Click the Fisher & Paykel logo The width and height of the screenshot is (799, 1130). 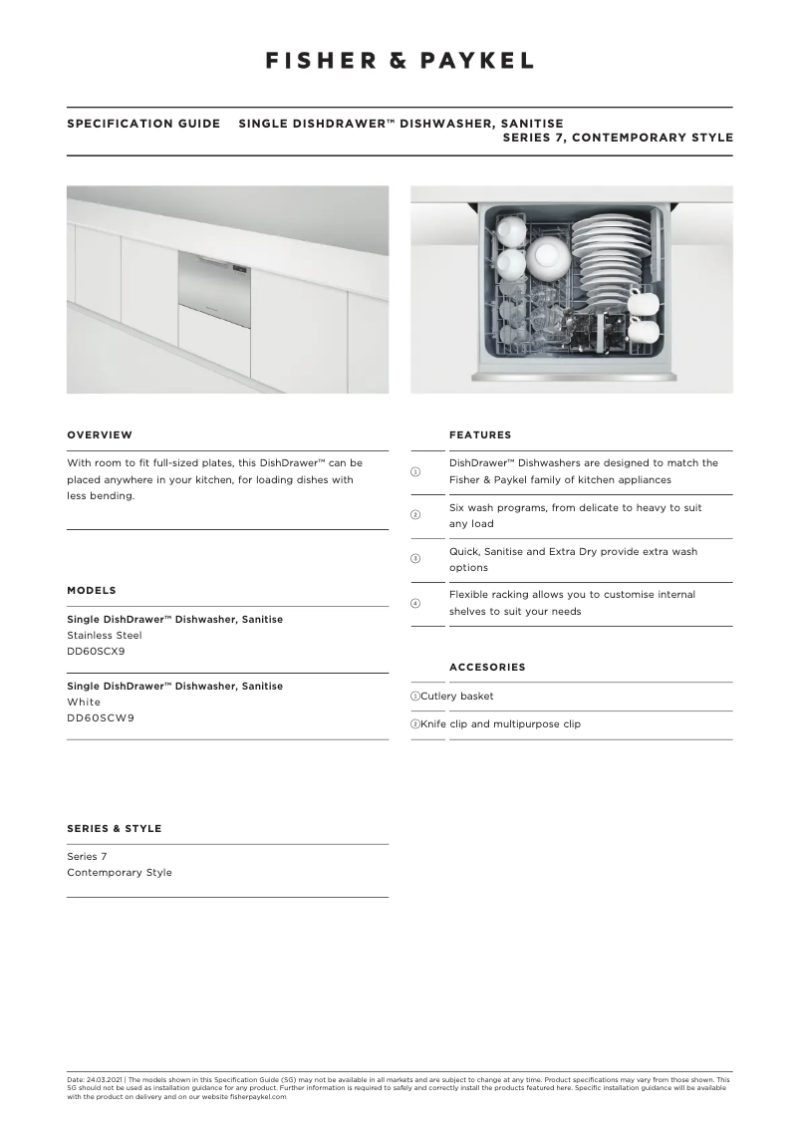[399, 61]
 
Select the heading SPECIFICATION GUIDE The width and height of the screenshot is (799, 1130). [143, 125]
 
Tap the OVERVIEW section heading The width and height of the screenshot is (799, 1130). [100, 435]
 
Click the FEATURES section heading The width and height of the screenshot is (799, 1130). [480, 435]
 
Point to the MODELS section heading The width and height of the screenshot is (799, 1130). [92, 591]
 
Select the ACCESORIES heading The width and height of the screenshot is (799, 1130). [487, 668]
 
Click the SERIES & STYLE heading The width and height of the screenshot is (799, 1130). [114, 829]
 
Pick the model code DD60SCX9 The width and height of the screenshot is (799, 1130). [96, 652]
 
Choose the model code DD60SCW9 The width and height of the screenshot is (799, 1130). [101, 718]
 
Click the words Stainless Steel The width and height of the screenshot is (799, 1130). [105, 636]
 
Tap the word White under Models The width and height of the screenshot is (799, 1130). [84, 703]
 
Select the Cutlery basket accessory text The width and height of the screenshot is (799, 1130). [457, 697]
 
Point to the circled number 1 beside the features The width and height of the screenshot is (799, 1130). [415, 471]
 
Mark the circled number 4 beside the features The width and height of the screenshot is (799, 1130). [415, 604]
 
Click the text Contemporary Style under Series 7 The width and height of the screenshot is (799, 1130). [120, 873]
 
